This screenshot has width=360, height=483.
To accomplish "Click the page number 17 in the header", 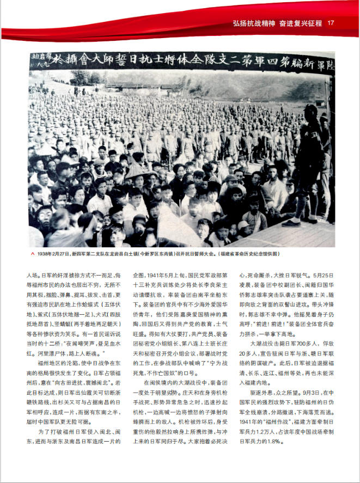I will (x=331, y=23).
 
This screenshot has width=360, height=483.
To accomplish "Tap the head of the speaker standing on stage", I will (x=311, y=111).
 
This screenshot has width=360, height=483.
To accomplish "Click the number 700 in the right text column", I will (x=297, y=344).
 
